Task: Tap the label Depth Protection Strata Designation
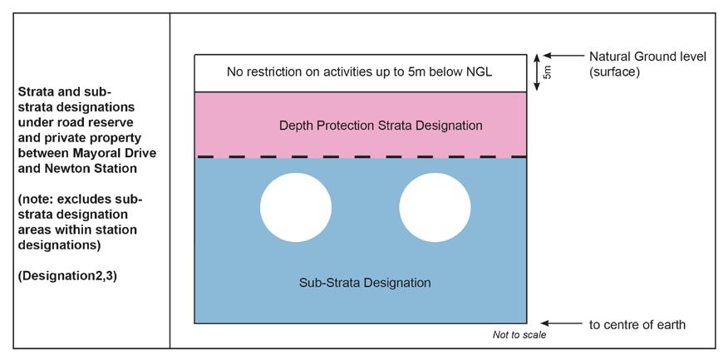(x=381, y=126)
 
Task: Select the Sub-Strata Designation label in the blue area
(x=365, y=283)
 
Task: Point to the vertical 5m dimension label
(x=547, y=73)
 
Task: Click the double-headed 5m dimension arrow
(x=538, y=73)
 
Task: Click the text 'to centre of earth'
(x=637, y=324)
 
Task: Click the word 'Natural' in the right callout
(x=610, y=57)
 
